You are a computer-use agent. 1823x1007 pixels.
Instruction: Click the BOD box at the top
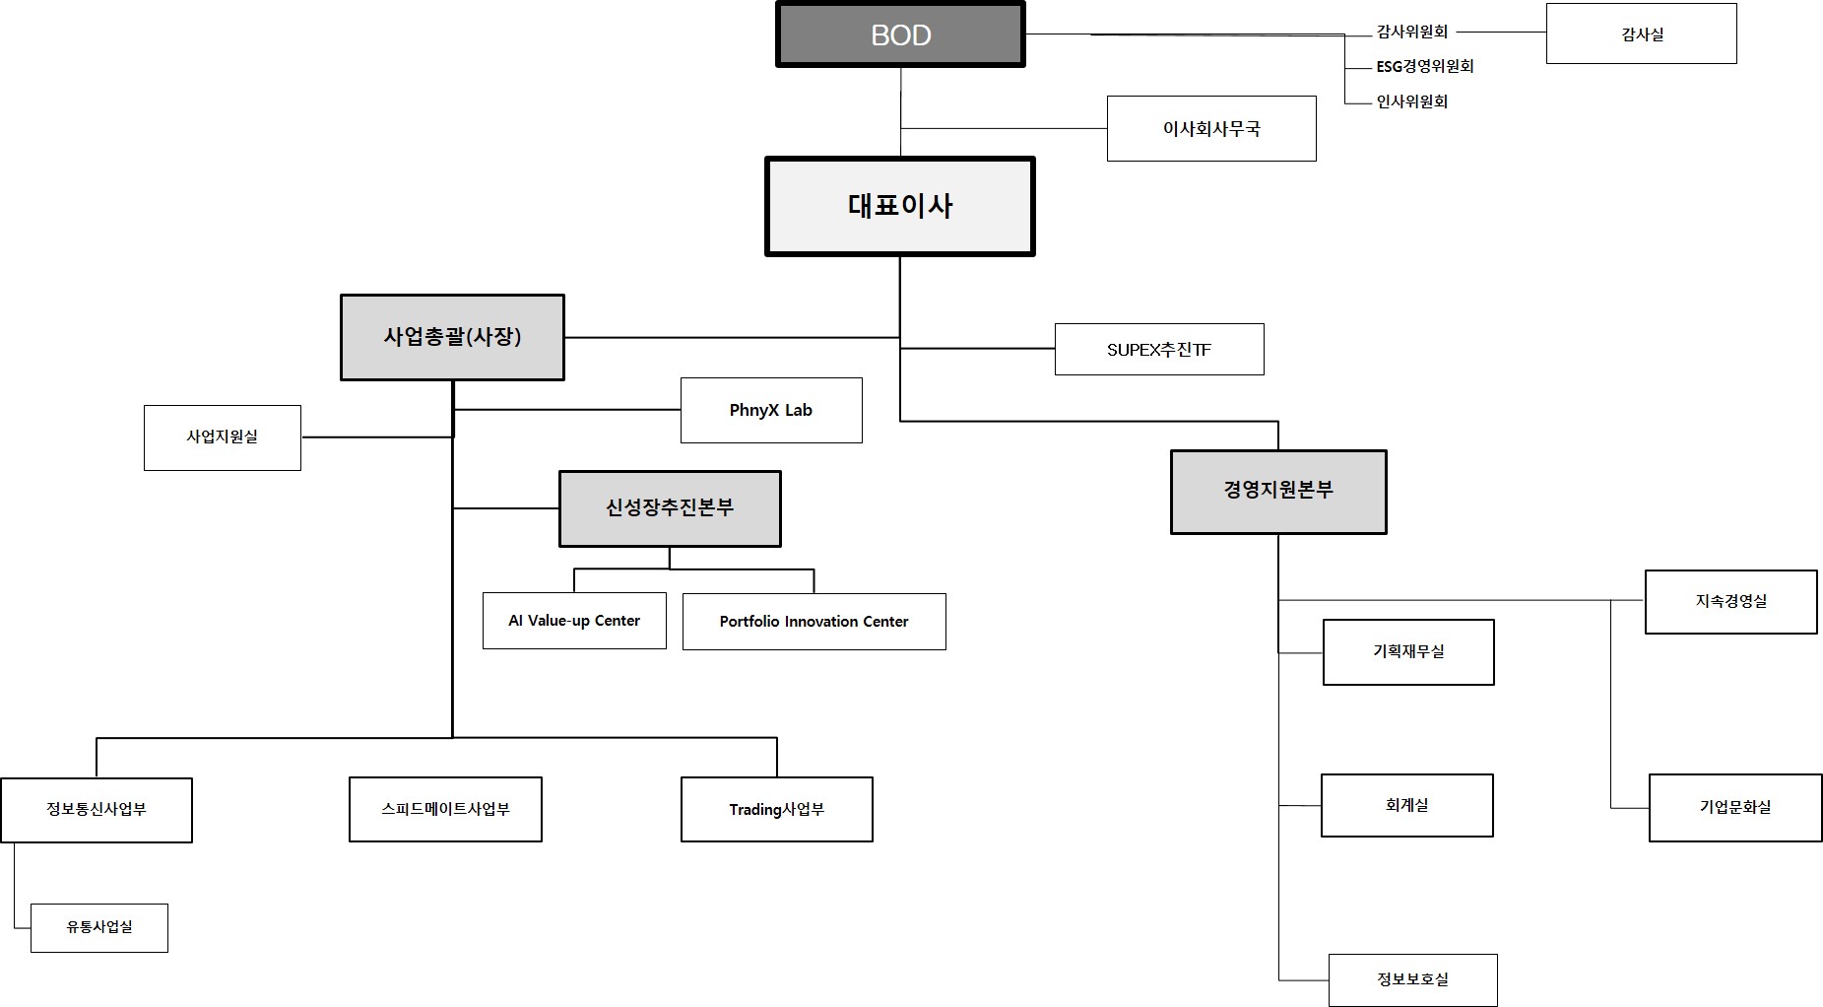point(900,34)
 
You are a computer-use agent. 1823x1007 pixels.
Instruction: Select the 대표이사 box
point(899,206)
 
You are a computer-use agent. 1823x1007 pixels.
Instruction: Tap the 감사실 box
point(1641,34)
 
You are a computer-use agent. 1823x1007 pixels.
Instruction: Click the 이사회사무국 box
point(1210,128)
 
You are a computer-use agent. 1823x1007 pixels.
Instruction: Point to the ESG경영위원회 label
point(1424,66)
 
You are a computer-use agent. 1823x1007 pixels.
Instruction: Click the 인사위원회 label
point(1411,101)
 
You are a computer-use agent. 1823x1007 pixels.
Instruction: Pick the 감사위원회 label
point(1411,32)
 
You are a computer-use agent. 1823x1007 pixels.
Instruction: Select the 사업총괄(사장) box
point(452,337)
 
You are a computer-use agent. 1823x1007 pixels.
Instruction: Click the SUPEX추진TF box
point(1158,350)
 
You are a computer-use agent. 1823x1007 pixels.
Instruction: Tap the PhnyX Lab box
point(770,410)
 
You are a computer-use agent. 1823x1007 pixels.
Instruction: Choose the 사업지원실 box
point(222,436)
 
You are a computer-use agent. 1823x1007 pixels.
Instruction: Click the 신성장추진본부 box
point(669,508)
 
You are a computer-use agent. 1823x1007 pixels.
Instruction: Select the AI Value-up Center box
point(573,621)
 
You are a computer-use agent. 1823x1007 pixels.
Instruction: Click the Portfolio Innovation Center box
point(814,622)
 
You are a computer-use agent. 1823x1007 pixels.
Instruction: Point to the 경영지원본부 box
point(1277,492)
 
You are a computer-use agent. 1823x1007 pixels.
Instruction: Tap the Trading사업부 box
point(776,809)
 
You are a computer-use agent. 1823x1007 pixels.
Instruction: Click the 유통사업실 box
point(98,927)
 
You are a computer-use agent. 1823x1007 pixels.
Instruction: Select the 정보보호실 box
point(1412,979)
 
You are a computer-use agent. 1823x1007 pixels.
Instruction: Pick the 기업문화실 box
point(1734,807)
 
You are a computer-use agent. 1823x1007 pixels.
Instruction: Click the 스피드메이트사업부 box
point(445,809)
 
